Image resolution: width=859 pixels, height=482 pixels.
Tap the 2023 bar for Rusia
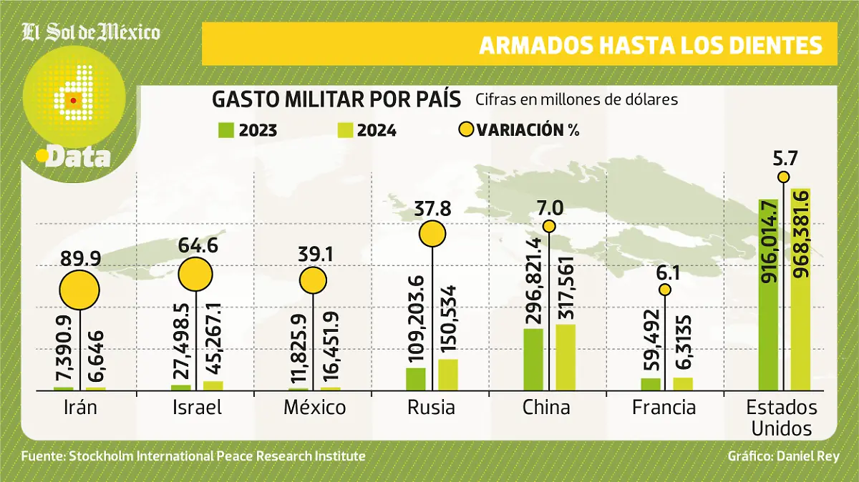(x=415, y=379)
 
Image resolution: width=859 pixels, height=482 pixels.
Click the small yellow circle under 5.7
(x=784, y=177)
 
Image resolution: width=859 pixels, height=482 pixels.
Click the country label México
(x=314, y=408)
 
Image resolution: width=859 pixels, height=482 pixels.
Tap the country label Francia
(x=664, y=408)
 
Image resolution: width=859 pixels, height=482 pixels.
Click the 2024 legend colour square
(x=344, y=130)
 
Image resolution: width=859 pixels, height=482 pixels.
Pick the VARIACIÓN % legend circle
(x=466, y=130)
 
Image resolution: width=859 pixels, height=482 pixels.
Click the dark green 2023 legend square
(x=226, y=130)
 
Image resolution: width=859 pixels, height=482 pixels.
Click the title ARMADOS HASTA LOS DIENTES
(x=650, y=45)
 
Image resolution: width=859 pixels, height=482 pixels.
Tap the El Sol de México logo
(x=91, y=32)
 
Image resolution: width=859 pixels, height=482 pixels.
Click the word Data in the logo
(x=77, y=157)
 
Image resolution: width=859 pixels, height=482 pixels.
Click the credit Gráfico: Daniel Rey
(x=782, y=456)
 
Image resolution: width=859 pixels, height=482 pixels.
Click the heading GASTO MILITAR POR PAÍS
(x=336, y=100)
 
